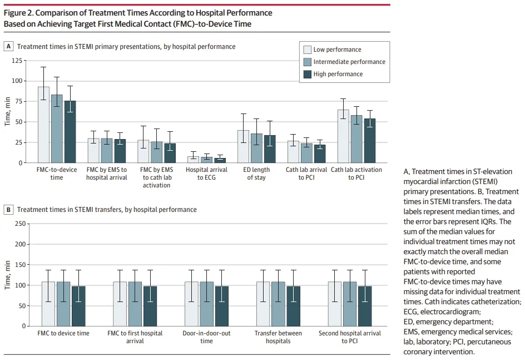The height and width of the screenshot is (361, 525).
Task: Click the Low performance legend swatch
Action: (x=307, y=50)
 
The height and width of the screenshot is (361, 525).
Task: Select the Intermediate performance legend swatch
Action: (x=307, y=62)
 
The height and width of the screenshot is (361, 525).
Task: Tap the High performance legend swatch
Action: (x=307, y=74)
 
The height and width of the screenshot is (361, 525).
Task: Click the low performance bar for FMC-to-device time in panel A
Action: (x=43, y=125)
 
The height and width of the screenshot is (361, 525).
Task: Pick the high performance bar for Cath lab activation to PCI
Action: (x=370, y=141)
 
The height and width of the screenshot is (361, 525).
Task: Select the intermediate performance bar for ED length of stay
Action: (x=256, y=149)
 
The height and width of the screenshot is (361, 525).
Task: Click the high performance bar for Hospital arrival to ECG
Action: (x=220, y=160)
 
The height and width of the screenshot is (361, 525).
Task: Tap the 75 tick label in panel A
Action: (x=17, y=101)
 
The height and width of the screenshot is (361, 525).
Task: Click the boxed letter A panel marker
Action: (x=8, y=46)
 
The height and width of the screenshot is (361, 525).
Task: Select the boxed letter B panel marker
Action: (x=8, y=210)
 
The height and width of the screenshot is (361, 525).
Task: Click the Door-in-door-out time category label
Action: (x=206, y=337)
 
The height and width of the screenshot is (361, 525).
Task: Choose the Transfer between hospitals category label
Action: (x=278, y=337)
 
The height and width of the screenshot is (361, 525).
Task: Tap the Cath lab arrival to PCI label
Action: (x=306, y=174)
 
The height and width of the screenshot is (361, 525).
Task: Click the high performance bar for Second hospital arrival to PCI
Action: (x=365, y=306)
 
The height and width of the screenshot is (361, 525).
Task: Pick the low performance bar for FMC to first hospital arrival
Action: (x=120, y=304)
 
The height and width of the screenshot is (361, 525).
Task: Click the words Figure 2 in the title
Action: (x=18, y=13)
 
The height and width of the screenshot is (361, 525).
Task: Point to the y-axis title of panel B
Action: (x=7, y=275)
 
